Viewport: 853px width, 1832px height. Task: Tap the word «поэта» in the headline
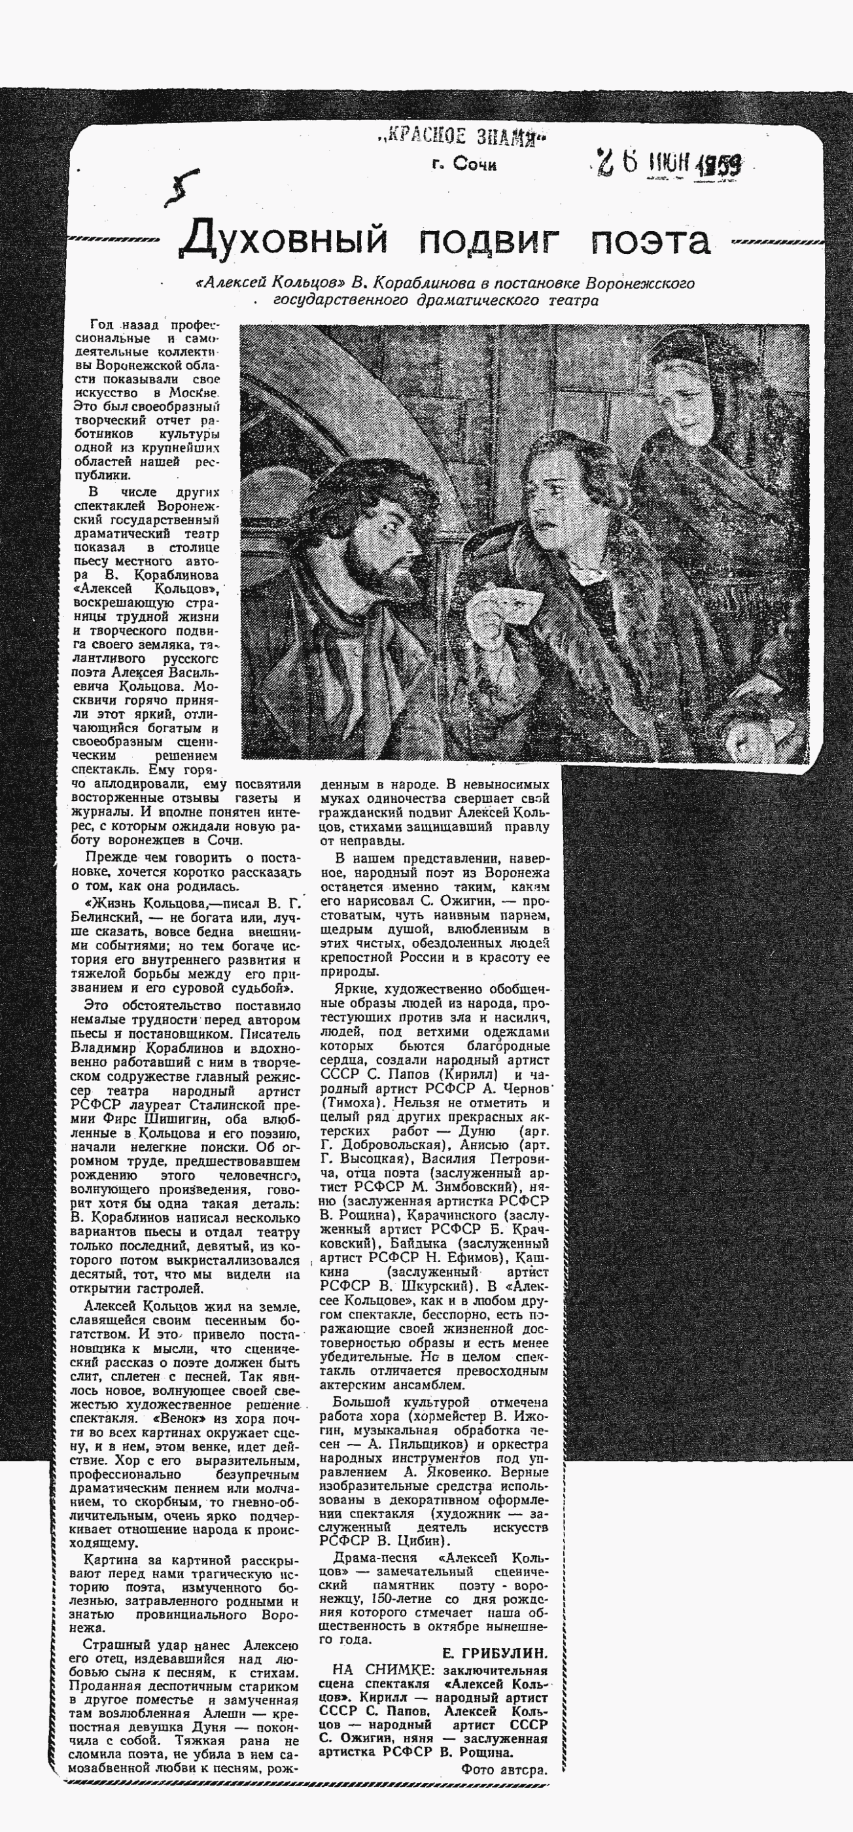650,239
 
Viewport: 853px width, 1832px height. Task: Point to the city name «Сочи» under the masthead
475,165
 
